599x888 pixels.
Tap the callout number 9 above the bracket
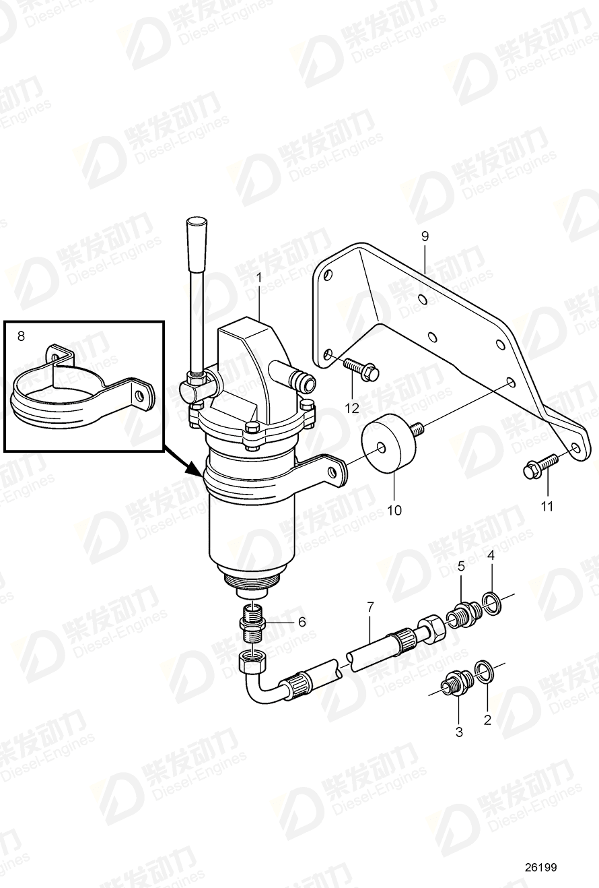425,236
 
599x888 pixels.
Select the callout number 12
353,408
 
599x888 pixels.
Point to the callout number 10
394,510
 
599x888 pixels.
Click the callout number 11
547,506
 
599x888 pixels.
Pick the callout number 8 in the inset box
20,334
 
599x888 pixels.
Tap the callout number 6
301,622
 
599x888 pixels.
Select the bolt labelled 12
361,368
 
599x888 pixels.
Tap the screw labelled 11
539,466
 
